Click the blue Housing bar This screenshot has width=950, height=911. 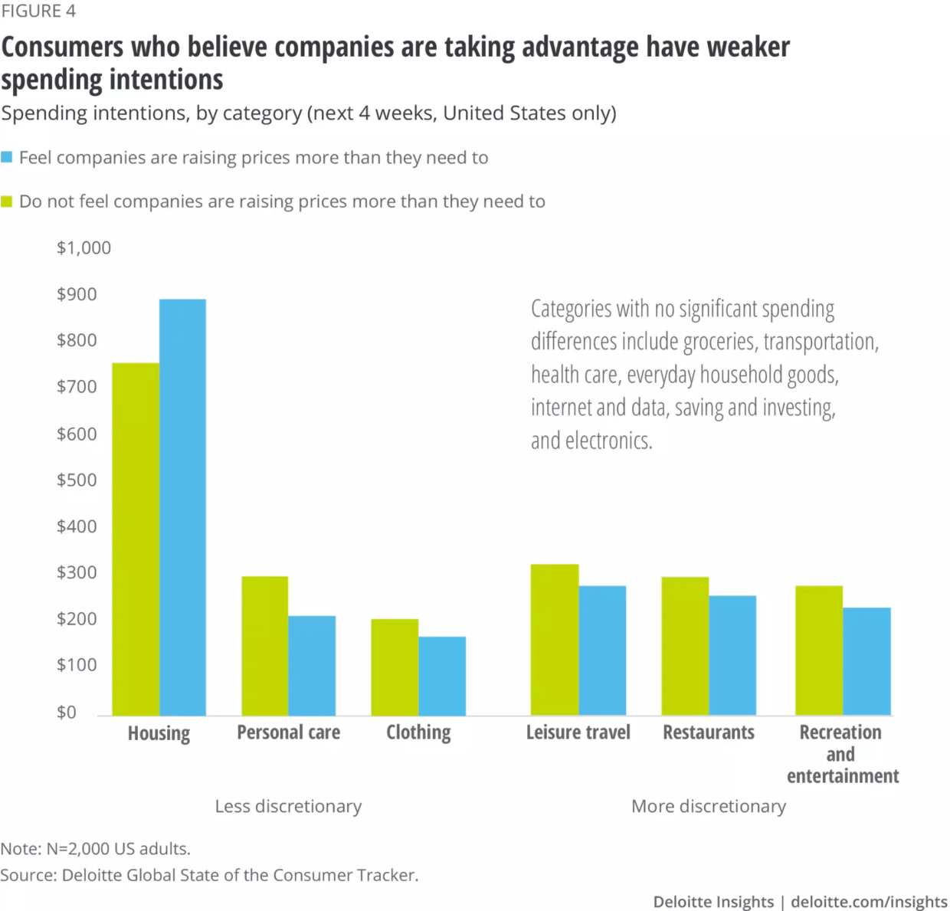pyautogui.click(x=182, y=507)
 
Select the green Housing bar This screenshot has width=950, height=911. pyautogui.click(x=136, y=539)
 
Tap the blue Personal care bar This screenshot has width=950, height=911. pyautogui.click(x=312, y=665)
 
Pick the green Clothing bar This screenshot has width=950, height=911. pyautogui.click(x=395, y=667)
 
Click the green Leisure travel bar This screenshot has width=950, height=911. pyautogui.click(x=555, y=639)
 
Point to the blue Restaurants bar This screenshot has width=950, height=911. pyautogui.click(x=732, y=655)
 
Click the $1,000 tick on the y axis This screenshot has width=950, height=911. pyautogui.click(x=84, y=247)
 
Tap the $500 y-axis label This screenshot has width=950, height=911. pyautogui.click(x=77, y=480)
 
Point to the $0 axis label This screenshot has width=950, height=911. pyautogui.click(x=67, y=712)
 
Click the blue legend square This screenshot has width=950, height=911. pyautogui.click(x=7, y=157)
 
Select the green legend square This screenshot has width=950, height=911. pyautogui.click(x=7, y=202)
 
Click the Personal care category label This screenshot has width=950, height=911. pyautogui.click(x=288, y=732)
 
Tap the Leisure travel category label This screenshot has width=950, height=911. pyautogui.click(x=578, y=732)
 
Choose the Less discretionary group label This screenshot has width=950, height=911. pyautogui.click(x=288, y=806)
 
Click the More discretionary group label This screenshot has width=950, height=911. pyautogui.click(x=709, y=806)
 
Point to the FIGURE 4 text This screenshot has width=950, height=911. pyautogui.click(x=38, y=11)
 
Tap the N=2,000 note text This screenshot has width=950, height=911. pyautogui.click(x=95, y=849)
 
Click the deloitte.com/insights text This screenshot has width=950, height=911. pyautogui.click(x=869, y=902)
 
